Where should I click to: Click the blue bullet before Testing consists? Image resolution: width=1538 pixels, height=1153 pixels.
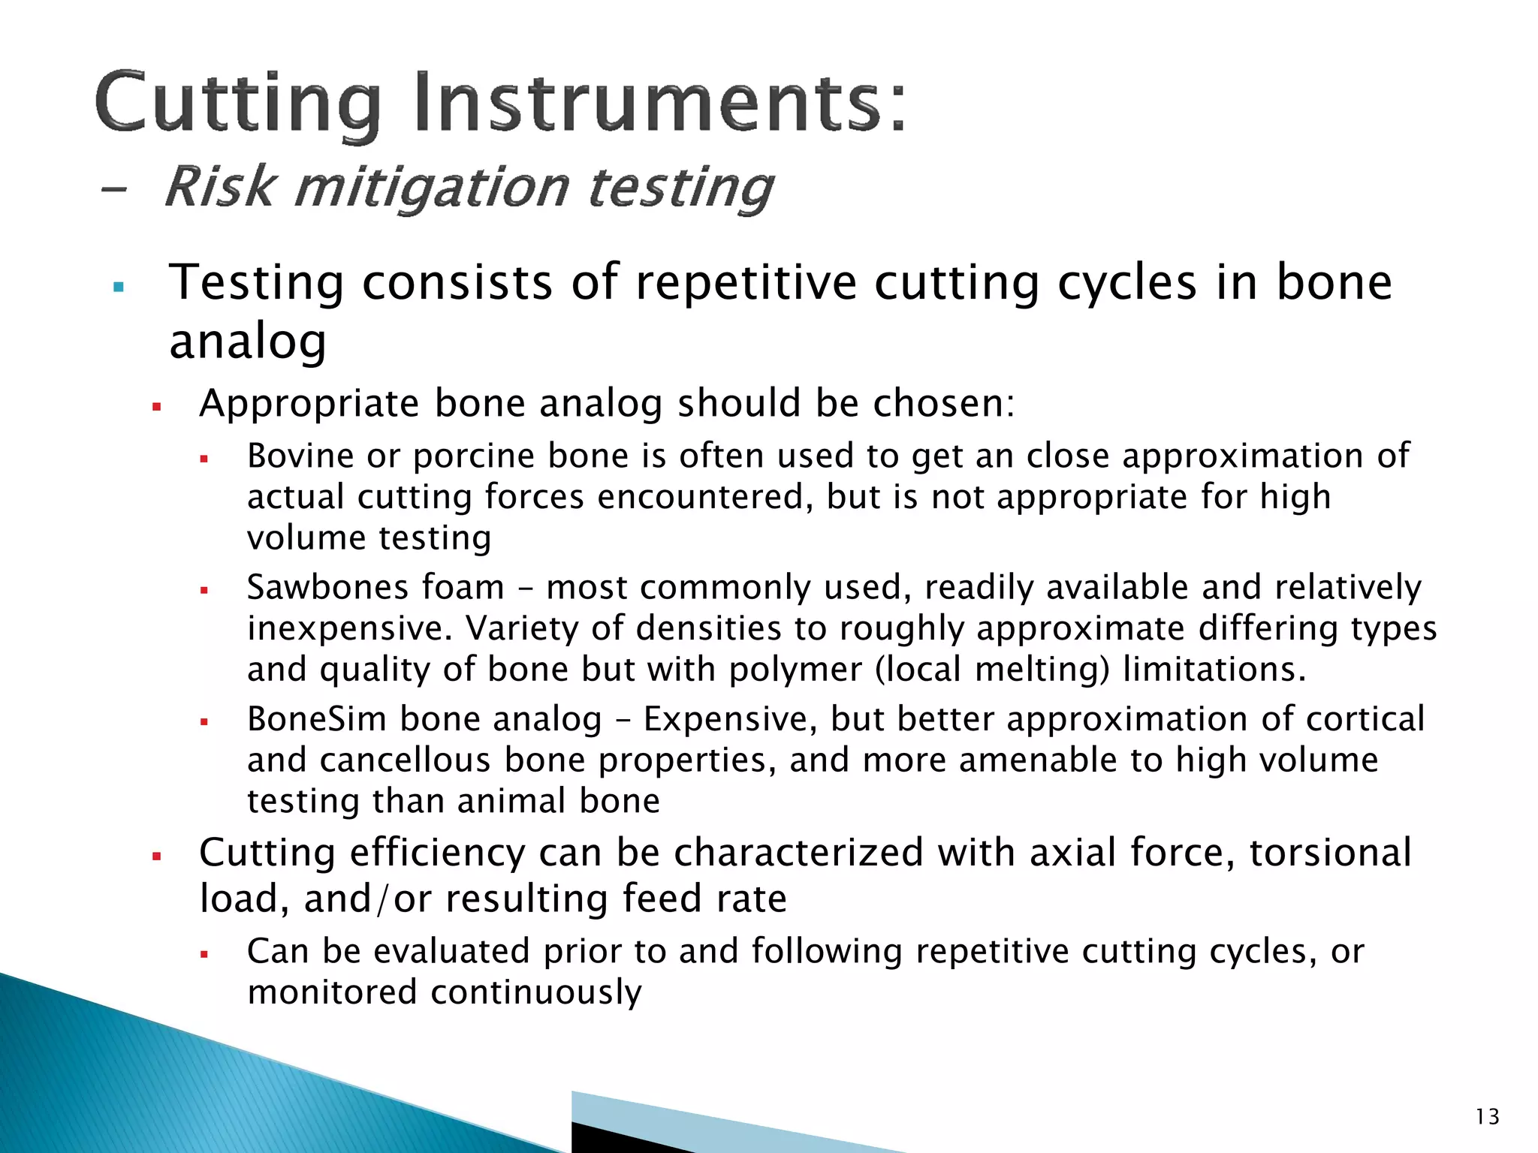click(x=118, y=287)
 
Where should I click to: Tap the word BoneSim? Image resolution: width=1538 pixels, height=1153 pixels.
click(x=316, y=718)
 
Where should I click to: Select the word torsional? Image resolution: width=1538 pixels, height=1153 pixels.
click(x=1330, y=853)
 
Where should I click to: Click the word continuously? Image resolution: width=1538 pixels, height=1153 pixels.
click(x=536, y=992)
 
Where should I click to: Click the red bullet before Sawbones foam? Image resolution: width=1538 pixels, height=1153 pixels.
click(x=204, y=591)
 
